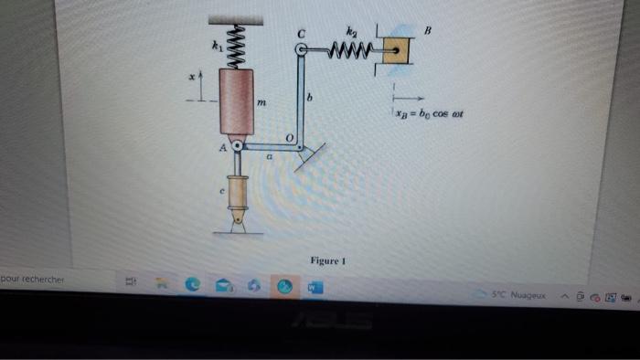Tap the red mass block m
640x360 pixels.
click(x=237, y=104)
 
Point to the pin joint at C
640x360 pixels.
click(x=300, y=51)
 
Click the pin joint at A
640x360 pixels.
click(x=237, y=146)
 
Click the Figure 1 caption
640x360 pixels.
click(x=326, y=260)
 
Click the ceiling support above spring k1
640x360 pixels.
click(x=236, y=19)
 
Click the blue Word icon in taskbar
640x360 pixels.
click(x=313, y=287)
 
